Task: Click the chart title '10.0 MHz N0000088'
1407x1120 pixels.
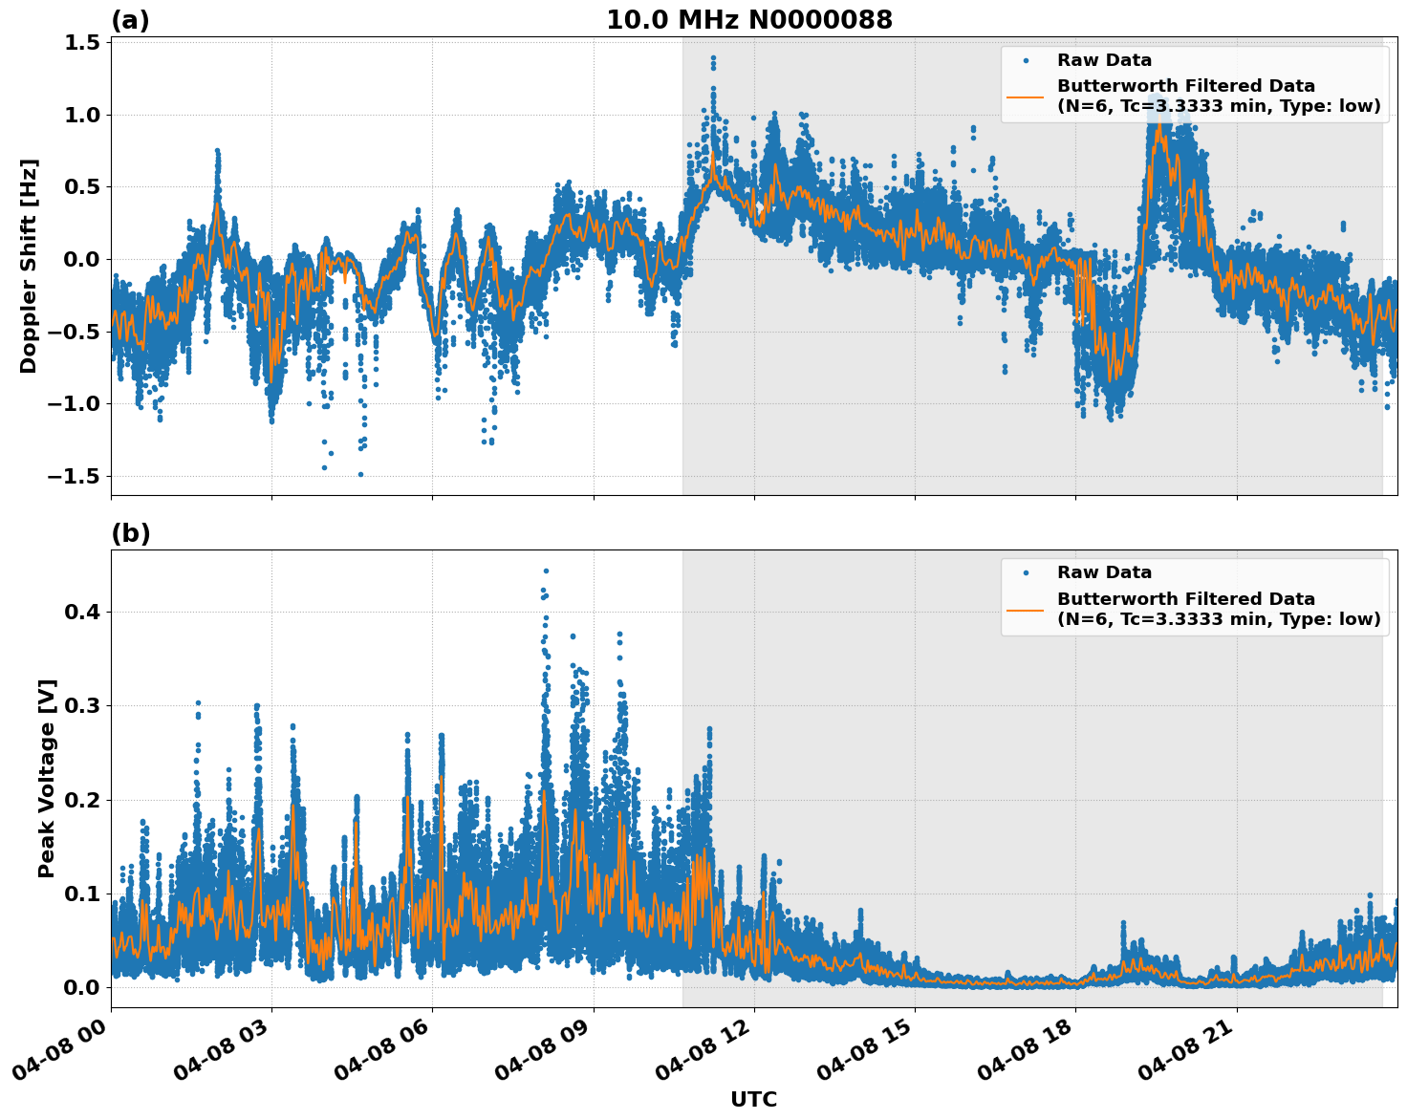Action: point(749,20)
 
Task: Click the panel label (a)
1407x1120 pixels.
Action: point(130,20)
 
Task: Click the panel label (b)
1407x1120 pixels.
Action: point(130,533)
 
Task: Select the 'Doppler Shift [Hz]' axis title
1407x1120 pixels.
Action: point(29,266)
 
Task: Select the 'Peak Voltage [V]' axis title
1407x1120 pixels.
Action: point(47,778)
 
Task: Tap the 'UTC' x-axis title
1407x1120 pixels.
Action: point(753,1099)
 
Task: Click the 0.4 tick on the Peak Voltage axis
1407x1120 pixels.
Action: point(82,612)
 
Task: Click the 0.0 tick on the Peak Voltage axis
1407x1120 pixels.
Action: point(82,987)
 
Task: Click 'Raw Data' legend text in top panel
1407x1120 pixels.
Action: point(1104,60)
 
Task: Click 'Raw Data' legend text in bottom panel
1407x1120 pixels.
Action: point(1104,572)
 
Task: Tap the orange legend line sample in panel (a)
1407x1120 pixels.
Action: point(1026,97)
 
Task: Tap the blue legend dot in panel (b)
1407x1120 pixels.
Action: point(1026,572)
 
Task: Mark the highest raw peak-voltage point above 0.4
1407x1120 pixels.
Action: point(546,571)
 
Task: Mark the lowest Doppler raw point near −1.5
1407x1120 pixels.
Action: point(360,474)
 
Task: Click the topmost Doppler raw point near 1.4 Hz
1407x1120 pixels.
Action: point(713,58)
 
